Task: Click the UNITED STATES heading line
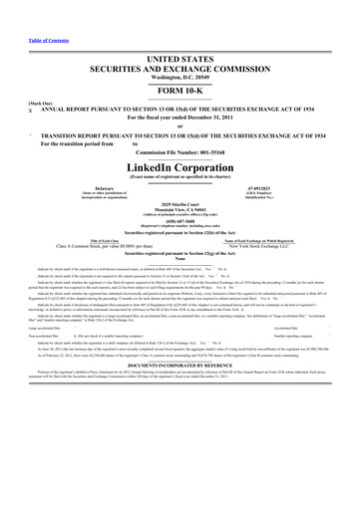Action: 180,32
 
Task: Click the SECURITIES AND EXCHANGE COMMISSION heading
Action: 180,42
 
